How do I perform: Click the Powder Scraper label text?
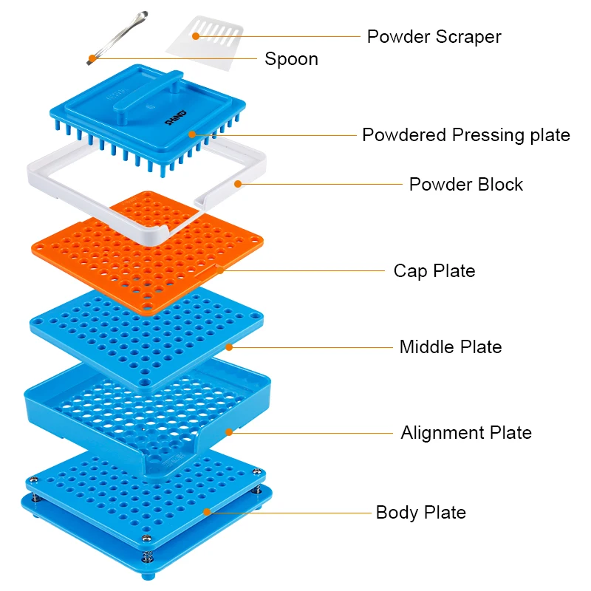coord(434,36)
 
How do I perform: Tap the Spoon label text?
coord(291,59)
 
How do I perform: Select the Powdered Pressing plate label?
coord(465,135)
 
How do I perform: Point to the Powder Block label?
coord(465,184)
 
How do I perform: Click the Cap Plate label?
coord(434,270)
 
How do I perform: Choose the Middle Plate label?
coord(450,346)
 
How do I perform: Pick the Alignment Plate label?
coord(465,432)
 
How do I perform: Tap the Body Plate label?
coord(420,512)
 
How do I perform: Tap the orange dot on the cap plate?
coord(220,270)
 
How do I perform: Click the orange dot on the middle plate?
coord(229,346)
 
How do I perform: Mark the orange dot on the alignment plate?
coord(229,432)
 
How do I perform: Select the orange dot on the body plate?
coord(208,511)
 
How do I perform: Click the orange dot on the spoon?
coord(92,58)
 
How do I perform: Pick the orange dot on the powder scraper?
coord(196,35)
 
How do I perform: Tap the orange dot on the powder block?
coord(238,184)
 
